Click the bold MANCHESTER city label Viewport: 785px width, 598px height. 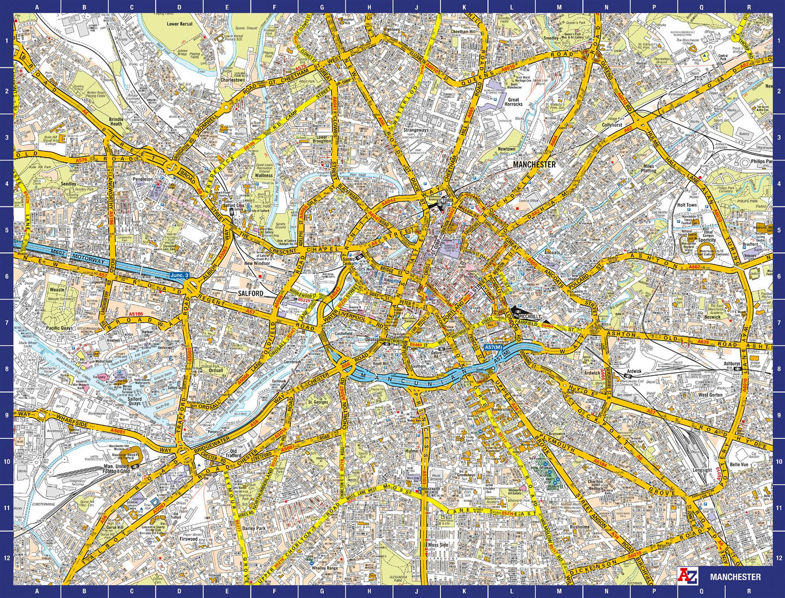(535, 164)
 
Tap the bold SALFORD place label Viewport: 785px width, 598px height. (251, 293)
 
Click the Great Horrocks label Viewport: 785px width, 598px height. (513, 102)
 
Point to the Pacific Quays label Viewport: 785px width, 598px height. (60, 329)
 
